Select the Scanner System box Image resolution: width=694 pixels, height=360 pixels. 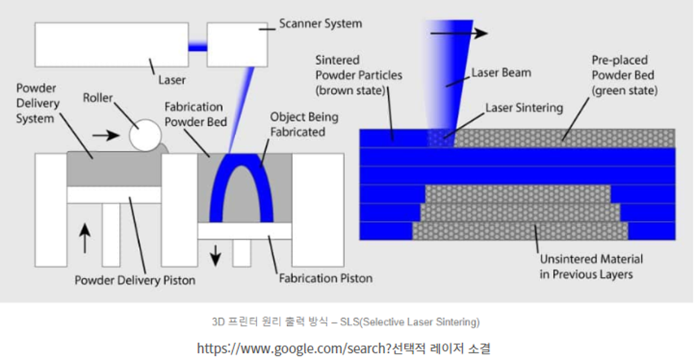click(238, 44)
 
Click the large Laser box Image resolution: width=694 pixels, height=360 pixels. click(111, 44)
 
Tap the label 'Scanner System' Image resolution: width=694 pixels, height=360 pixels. click(320, 24)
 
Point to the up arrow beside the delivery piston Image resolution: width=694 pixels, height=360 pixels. click(85, 237)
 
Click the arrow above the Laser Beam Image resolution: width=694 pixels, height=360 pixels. click(458, 33)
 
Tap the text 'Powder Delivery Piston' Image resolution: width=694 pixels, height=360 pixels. click(135, 280)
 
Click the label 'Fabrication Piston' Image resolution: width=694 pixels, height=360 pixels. click(325, 278)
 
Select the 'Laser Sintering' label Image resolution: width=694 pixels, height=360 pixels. click(524, 108)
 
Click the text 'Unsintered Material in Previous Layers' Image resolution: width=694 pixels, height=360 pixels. click(591, 267)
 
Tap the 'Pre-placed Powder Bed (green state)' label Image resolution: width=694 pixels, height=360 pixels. click(624, 76)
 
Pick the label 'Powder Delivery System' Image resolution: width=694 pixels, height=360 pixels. click(37, 103)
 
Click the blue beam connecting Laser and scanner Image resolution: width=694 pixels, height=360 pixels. click(197, 45)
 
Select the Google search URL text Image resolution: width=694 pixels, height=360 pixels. click(344, 347)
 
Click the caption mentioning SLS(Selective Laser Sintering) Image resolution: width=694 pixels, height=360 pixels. click(346, 322)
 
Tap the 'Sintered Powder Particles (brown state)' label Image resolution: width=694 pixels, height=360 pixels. click(359, 76)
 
